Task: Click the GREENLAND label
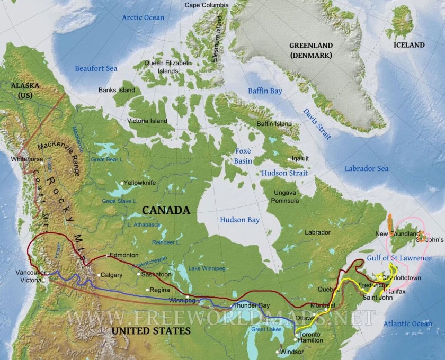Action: (x=310, y=46)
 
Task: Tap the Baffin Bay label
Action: (x=266, y=91)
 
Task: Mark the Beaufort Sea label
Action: (x=96, y=68)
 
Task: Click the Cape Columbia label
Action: (x=207, y=5)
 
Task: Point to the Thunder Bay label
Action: (x=249, y=306)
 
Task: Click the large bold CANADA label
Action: (x=166, y=210)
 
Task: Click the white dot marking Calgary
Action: (x=99, y=275)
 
